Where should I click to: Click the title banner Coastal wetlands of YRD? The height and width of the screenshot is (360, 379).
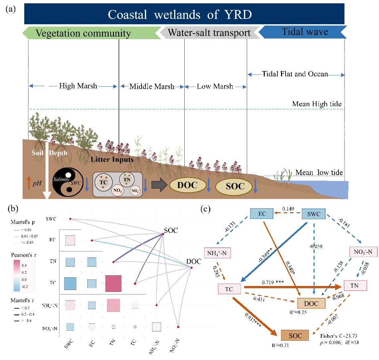(184, 14)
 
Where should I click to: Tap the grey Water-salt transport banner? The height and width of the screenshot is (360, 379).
(209, 33)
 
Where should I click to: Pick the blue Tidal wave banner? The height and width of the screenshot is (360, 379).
(303, 32)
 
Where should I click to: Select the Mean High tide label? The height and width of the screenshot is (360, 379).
(317, 104)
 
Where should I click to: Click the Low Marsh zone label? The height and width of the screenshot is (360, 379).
(215, 87)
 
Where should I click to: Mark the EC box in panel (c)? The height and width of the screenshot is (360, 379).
(262, 214)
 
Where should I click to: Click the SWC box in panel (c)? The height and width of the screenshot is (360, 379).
(314, 214)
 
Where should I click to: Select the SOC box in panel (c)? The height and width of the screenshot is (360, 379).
(295, 336)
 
